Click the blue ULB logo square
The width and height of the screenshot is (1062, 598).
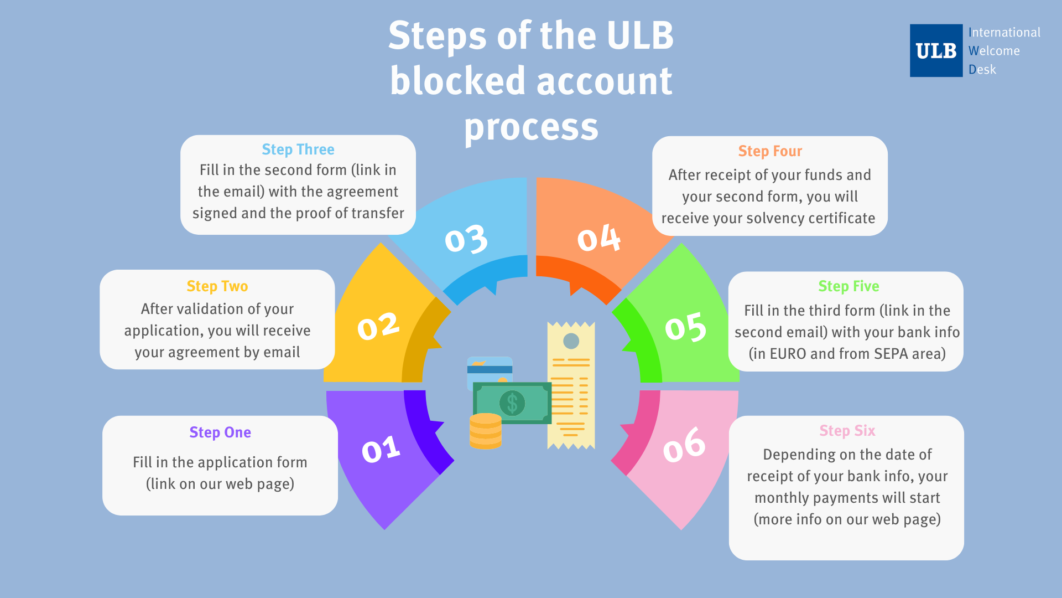pyautogui.click(x=936, y=50)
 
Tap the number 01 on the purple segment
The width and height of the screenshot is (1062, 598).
pyautogui.click(x=381, y=449)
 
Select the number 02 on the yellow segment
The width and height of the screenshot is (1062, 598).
pyautogui.click(x=378, y=326)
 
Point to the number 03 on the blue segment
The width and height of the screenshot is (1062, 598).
pyautogui.click(x=466, y=239)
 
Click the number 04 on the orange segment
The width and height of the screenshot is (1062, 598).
pyautogui.click(x=598, y=238)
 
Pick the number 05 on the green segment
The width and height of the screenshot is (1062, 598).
pyautogui.click(x=685, y=327)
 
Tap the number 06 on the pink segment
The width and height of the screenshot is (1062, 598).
pyautogui.click(x=684, y=445)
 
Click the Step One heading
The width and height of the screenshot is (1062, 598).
pyautogui.click(x=220, y=432)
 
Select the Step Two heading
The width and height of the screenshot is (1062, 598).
pyautogui.click(x=217, y=286)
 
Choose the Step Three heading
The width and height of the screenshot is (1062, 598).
pyautogui.click(x=298, y=149)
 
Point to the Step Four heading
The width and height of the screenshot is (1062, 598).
pyautogui.click(x=770, y=151)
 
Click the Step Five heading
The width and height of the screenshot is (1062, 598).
pyautogui.click(x=848, y=286)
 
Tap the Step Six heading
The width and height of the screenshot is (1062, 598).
pyautogui.click(x=847, y=431)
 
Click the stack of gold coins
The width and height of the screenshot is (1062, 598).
pyautogui.click(x=485, y=431)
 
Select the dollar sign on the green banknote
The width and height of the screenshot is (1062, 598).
pyautogui.click(x=512, y=403)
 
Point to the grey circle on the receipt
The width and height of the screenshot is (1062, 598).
pyautogui.click(x=571, y=341)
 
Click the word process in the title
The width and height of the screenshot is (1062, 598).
pyautogui.click(x=531, y=127)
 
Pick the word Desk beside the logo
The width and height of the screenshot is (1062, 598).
pyautogui.click(x=982, y=70)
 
